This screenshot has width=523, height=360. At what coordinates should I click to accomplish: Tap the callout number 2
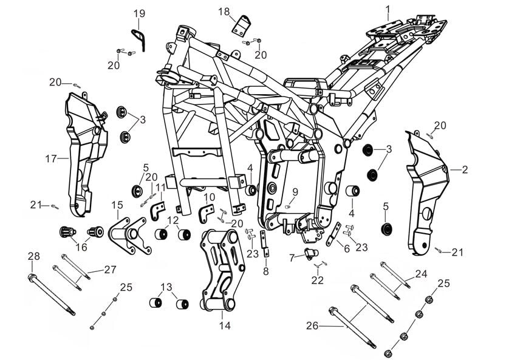point(465,170)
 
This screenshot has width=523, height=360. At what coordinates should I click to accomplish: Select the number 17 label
point(51,159)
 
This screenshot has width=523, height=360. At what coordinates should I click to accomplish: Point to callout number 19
point(139,13)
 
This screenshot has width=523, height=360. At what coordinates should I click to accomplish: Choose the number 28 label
point(33,257)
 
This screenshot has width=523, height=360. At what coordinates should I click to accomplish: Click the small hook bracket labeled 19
point(140,37)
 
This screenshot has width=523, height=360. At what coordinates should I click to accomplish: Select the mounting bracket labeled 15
point(129,233)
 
